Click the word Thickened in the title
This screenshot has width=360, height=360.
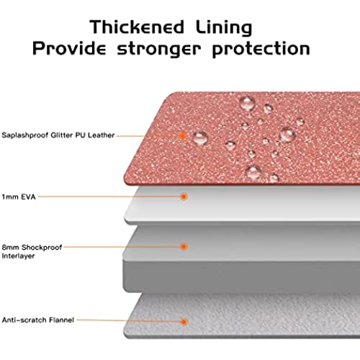coord(137,27)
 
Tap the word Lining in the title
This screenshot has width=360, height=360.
coord(224,28)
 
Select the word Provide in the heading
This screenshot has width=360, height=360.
coord(69,48)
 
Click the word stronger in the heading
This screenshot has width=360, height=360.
coord(159,50)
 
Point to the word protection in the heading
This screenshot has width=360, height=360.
coord(261,50)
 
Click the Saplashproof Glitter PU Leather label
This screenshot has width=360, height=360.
coord(58,135)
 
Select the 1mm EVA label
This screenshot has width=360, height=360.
coord(19,197)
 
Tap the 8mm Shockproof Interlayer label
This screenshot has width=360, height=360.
coord(32,251)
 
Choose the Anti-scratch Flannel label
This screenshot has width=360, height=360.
coord(38,320)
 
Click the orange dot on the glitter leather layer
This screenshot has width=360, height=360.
coord(182,135)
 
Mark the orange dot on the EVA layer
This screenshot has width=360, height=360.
coord(184,197)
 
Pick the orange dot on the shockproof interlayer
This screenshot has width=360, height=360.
coord(184,246)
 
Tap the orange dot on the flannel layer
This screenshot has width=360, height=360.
coord(184,322)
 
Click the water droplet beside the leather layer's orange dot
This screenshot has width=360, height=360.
coord(201,138)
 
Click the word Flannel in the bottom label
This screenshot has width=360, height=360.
coord(61,320)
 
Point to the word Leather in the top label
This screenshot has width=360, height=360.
coord(101,135)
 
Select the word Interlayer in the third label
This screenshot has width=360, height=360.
coord(18,256)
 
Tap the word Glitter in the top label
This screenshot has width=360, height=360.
coord(62,135)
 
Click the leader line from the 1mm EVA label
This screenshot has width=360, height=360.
coord(109,197)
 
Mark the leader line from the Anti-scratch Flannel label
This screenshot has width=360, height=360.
coord(128,320)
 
